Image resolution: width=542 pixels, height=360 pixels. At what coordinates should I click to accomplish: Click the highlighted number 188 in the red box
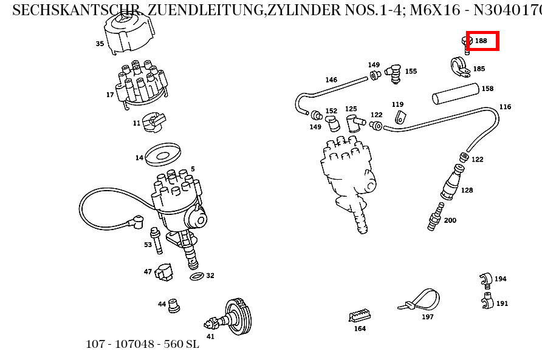[x=481, y=41]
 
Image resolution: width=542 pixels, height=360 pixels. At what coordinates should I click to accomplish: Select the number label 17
[x=110, y=95]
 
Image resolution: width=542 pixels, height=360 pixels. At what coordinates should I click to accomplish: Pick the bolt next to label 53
[x=157, y=241]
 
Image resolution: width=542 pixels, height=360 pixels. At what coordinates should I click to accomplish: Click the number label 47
[x=148, y=272]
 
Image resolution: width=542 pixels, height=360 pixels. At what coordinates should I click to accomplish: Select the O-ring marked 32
[x=197, y=277]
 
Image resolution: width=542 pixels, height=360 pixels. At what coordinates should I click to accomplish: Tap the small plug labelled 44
[x=174, y=305]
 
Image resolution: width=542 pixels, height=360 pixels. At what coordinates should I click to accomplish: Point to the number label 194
[x=500, y=279]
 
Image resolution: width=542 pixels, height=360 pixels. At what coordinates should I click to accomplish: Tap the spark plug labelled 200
[x=434, y=219]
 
